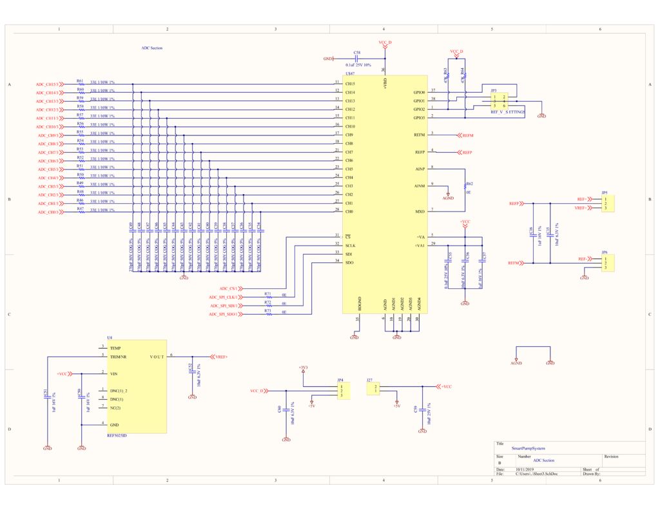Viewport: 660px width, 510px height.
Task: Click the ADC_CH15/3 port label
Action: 47,84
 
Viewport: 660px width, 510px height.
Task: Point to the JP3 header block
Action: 499,101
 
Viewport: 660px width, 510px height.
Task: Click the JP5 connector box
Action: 607,204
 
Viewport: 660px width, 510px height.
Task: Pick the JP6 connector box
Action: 607,263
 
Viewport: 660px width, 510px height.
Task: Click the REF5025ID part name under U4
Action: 117,435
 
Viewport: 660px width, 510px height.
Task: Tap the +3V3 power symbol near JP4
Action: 303,368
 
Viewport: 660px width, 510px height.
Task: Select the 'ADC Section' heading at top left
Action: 151,48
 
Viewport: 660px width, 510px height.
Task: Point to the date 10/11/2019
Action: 525,469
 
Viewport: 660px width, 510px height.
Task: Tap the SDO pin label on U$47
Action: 349,262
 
